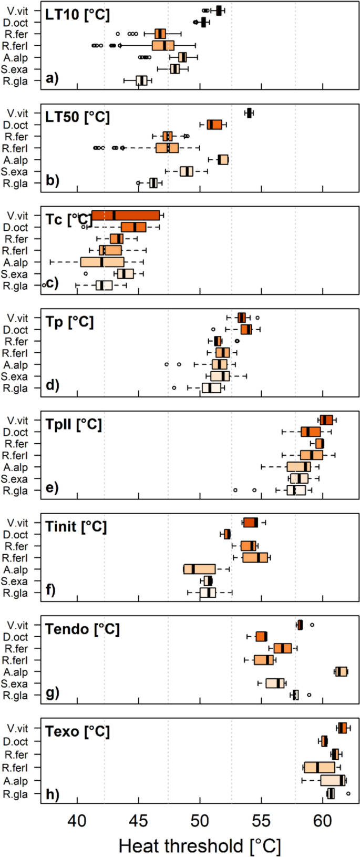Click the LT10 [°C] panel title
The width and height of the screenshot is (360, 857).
(x=77, y=14)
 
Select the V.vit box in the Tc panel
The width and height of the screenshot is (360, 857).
(x=126, y=216)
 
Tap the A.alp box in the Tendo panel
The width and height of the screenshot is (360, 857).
(x=342, y=671)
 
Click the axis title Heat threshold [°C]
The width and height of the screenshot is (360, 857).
(x=200, y=846)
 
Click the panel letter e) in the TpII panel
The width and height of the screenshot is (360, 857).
(x=52, y=487)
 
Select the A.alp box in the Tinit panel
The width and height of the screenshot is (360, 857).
(x=199, y=569)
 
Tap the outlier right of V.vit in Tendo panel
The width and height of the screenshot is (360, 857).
(x=312, y=625)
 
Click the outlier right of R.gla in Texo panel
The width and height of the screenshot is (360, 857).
(x=348, y=793)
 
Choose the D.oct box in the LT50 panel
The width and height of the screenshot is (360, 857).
(x=214, y=125)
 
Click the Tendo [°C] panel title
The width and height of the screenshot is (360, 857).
(x=82, y=629)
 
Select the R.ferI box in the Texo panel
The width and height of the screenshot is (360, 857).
(x=319, y=768)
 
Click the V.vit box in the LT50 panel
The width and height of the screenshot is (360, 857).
(x=249, y=113)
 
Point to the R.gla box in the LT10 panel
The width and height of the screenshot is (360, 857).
(x=141, y=80)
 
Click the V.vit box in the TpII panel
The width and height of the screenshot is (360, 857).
(x=326, y=420)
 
